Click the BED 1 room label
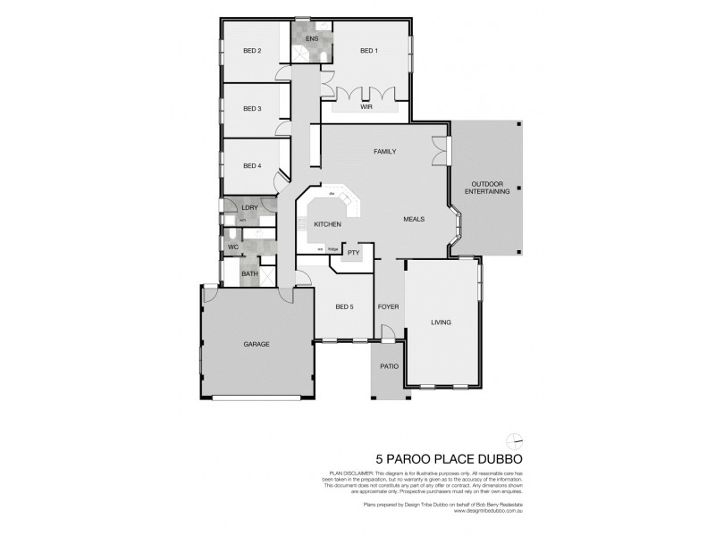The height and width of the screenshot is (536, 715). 368,51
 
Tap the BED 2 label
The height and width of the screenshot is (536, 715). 252,51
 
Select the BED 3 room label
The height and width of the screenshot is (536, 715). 252,109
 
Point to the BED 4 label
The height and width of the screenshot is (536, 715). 252,165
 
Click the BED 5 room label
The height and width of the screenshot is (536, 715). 344,306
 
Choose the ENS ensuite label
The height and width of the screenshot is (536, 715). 311,39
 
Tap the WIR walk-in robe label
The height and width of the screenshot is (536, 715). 366,106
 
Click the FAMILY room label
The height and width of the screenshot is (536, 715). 384,152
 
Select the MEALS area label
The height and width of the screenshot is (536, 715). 413,218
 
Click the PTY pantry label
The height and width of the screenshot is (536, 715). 353,253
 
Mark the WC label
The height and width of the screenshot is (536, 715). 232,246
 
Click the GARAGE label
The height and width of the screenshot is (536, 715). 257,344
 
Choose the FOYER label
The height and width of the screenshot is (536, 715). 388,306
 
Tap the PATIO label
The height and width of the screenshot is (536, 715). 389,366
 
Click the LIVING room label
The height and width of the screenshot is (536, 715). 441,322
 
